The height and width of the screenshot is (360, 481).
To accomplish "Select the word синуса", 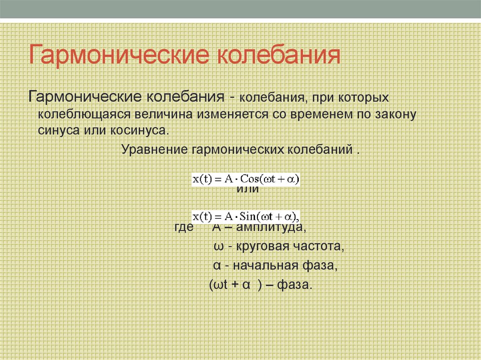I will [x=57, y=130].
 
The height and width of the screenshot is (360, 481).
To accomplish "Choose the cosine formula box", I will [x=246, y=180].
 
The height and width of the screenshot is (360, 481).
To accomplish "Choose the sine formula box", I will [x=246, y=216].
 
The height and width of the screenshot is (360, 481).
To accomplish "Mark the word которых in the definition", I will [x=362, y=98].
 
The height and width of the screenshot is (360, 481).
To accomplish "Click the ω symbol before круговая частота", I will [x=217, y=247].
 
